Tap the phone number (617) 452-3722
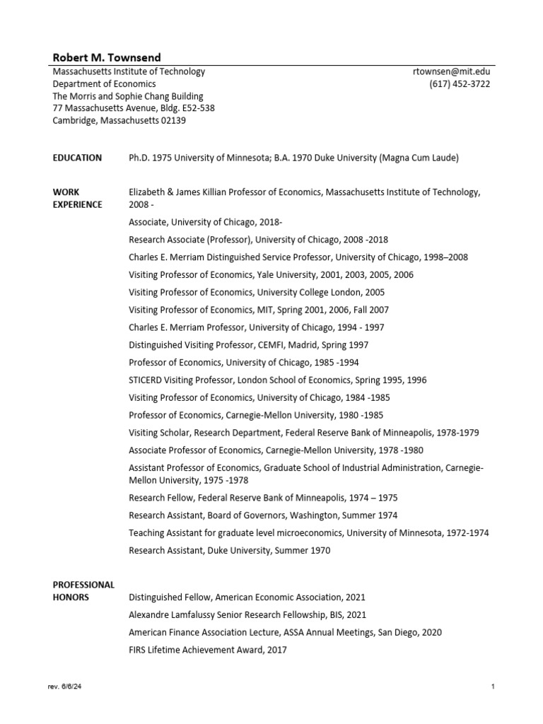point(460,84)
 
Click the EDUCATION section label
point(77,158)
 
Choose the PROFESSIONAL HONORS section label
point(83,591)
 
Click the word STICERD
point(146,380)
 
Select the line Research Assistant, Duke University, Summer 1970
point(229,550)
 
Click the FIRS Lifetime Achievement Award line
point(208,650)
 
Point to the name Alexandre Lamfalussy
point(173,615)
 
